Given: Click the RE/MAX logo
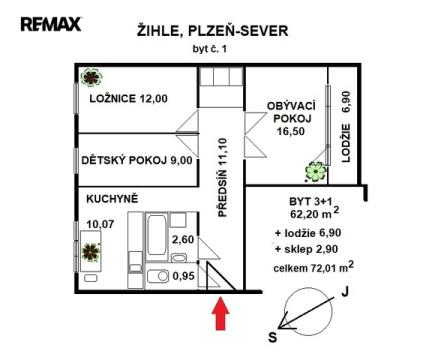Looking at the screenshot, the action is click(51, 24).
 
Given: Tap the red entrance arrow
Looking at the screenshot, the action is click(220, 314).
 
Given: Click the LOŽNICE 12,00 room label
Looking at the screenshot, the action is click(128, 99).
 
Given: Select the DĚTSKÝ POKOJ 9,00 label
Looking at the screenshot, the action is click(137, 160).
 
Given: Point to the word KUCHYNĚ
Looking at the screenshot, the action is click(112, 199).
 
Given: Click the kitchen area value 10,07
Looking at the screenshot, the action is click(100, 224).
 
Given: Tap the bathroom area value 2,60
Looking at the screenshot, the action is click(182, 239).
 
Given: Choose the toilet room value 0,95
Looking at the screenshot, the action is click(183, 276).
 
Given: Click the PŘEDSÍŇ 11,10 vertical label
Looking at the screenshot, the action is click(222, 178).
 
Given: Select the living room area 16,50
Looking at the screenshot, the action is click(291, 131).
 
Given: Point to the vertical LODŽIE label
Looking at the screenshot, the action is click(346, 143).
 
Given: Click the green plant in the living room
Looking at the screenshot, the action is click(315, 172).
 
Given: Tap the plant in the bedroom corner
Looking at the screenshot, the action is click(91, 77).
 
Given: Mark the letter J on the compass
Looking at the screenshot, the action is click(345, 292).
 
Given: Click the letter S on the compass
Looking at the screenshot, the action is click(273, 337).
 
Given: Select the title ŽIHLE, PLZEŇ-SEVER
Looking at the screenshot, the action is click(212, 31).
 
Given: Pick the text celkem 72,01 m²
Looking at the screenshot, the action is click(314, 267).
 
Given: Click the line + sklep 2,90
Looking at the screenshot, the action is click(306, 249).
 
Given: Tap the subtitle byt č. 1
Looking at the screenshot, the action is click(210, 49).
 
